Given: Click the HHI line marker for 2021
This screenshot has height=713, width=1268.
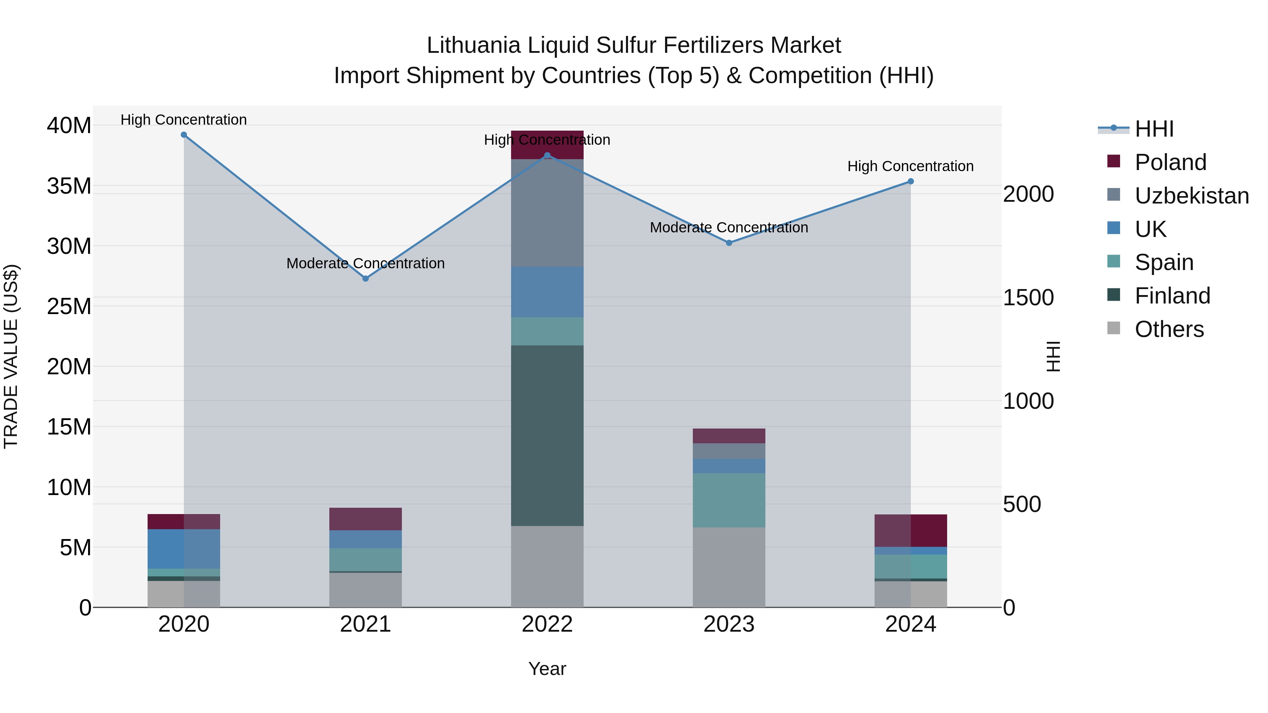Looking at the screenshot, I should tap(365, 279).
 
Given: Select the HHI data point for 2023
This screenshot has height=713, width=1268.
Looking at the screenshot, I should tap(729, 243).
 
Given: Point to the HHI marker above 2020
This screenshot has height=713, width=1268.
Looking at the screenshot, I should tap(184, 135).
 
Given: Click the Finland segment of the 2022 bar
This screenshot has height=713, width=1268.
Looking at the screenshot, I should tap(547, 436).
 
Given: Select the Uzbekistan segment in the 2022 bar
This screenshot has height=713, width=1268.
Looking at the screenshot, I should tap(547, 213).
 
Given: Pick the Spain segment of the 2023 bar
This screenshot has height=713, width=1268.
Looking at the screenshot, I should tap(729, 500).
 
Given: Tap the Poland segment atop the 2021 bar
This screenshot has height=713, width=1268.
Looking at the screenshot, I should tap(365, 519).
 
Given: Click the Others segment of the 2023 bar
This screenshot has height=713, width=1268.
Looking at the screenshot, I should tap(729, 567).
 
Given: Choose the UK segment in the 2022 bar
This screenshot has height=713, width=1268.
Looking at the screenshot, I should tap(547, 292).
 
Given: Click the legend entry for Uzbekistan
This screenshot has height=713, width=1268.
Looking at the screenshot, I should tap(1191, 196).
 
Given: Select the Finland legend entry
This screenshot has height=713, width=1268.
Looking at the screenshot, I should tap(1172, 296).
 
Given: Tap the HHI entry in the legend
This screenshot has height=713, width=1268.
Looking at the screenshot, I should tap(1154, 129).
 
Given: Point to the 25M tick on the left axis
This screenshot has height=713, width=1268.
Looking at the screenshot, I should tap(69, 306).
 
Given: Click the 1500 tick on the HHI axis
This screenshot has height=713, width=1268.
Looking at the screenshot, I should tap(1028, 297).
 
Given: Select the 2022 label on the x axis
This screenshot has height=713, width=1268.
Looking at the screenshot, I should tap(547, 624).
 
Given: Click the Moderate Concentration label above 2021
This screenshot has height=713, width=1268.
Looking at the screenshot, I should tap(365, 263).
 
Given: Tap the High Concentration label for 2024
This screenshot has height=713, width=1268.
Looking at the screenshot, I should tap(910, 166).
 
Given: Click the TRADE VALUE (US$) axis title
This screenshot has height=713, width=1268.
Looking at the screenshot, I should tap(11, 356).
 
